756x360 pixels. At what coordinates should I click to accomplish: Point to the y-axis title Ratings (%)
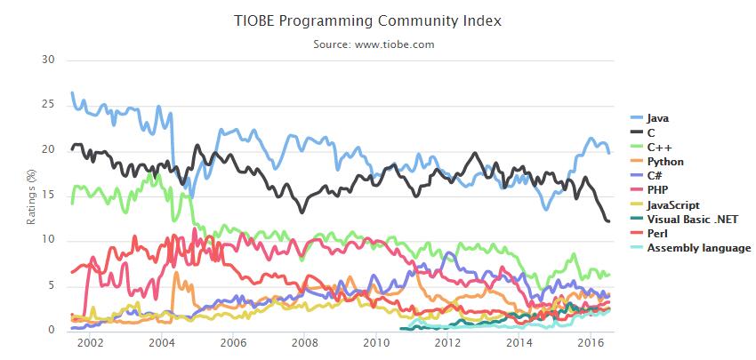[32, 196]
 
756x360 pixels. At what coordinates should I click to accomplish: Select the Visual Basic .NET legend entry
[692, 220]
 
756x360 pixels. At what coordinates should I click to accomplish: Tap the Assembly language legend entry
[699, 248]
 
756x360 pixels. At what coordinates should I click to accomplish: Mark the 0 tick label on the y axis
[52, 331]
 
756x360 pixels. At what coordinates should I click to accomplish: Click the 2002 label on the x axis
[91, 343]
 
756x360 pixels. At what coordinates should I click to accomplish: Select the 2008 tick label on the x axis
[304, 343]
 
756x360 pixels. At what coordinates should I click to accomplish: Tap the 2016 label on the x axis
[590, 343]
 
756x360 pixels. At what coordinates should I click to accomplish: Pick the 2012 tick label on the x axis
[446, 343]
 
